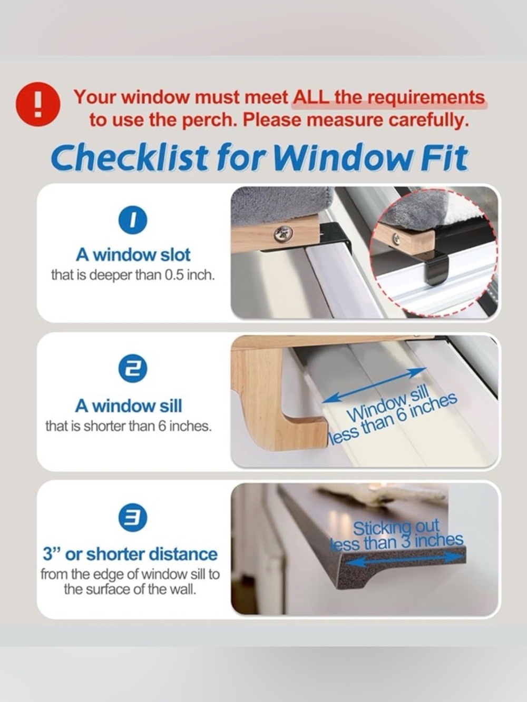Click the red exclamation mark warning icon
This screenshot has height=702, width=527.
(x=38, y=105)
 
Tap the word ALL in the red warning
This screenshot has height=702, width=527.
(x=311, y=97)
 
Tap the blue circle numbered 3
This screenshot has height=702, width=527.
(x=133, y=518)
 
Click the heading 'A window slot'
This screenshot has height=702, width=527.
(x=133, y=255)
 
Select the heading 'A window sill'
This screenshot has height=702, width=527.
(x=129, y=406)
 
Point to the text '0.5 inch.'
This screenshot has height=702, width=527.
(x=189, y=275)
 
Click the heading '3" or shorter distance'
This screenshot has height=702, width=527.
(x=130, y=554)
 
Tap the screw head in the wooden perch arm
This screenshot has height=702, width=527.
(x=284, y=234)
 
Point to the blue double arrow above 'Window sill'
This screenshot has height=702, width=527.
(x=374, y=385)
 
